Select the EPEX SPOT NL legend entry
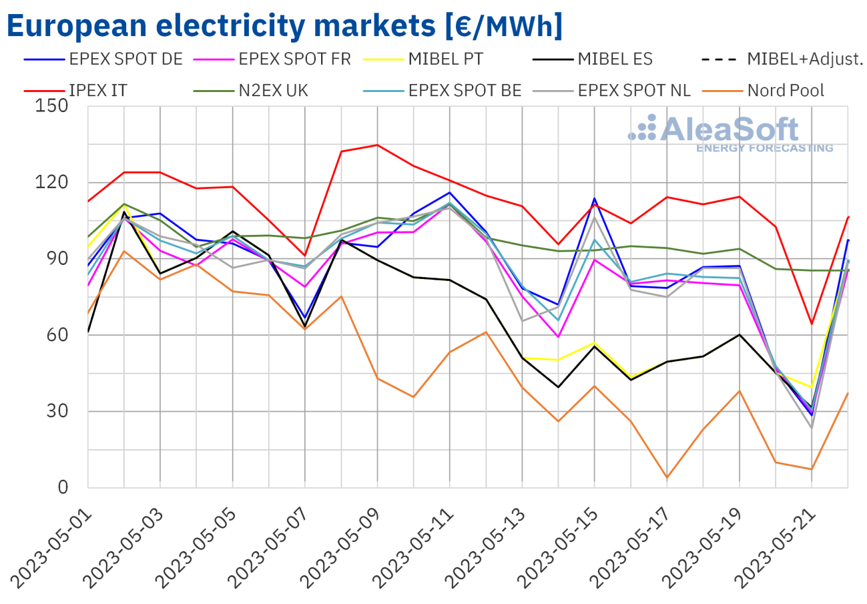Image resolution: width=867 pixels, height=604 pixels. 634,90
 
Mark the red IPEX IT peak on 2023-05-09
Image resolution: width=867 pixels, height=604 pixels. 377,145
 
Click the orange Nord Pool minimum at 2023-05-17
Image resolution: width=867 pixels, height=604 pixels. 667,477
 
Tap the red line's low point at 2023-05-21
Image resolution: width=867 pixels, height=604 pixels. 811,324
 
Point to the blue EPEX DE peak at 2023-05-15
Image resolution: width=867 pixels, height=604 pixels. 594,198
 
